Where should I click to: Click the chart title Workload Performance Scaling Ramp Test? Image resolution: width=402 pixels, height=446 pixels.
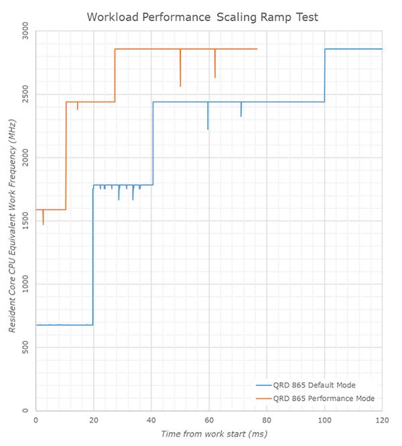pos(200,16)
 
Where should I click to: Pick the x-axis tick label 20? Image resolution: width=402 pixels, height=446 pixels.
pos(94,420)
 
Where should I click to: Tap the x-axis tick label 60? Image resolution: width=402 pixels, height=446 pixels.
pos(209,420)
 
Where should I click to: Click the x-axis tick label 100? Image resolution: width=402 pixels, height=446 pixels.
pos(324,420)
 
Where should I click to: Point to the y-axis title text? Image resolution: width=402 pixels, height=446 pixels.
pos(11,221)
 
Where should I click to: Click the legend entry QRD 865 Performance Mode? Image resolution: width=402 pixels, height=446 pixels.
pos(323,398)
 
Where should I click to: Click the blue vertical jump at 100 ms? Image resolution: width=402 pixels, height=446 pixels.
pos(325,75)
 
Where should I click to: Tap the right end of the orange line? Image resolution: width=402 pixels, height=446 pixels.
pos(257,49)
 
